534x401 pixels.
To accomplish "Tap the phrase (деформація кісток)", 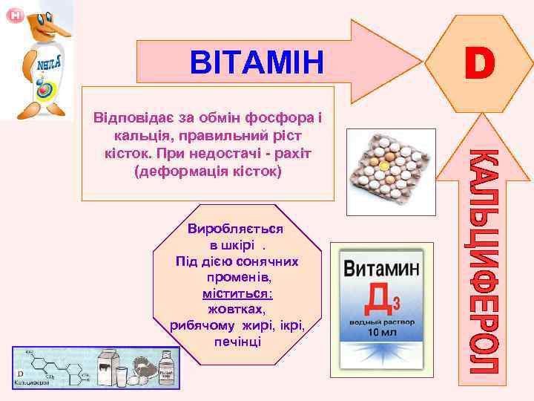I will coord(208,170).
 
